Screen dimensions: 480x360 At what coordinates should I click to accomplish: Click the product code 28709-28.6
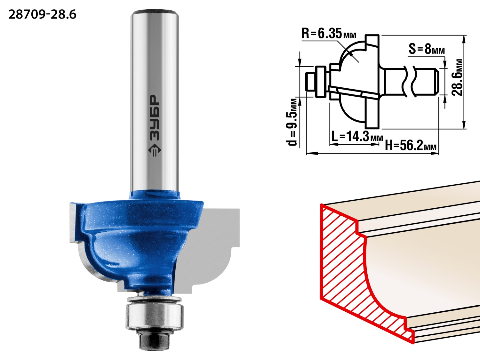(43, 15)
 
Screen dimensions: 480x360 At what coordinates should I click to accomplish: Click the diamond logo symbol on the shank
(154, 150)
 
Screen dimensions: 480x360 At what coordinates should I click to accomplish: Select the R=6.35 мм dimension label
(329, 34)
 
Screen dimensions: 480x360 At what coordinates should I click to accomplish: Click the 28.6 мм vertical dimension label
(457, 77)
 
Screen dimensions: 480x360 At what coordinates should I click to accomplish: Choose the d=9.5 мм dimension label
(292, 122)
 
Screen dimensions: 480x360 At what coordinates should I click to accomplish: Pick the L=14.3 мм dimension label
(357, 137)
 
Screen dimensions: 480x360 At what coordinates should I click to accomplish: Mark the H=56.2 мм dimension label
(411, 145)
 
